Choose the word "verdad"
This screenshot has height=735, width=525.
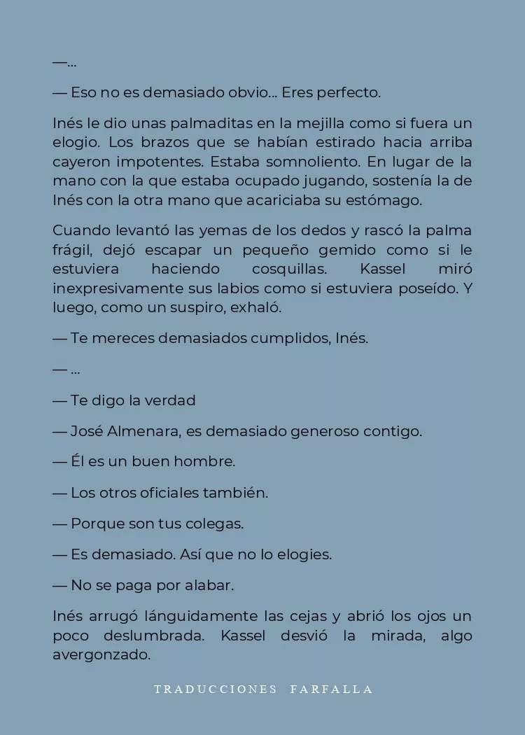pyautogui.click(x=171, y=400)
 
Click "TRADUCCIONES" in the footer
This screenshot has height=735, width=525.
pyautogui.click(x=216, y=689)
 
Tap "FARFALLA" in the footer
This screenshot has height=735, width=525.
pyautogui.click(x=331, y=689)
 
